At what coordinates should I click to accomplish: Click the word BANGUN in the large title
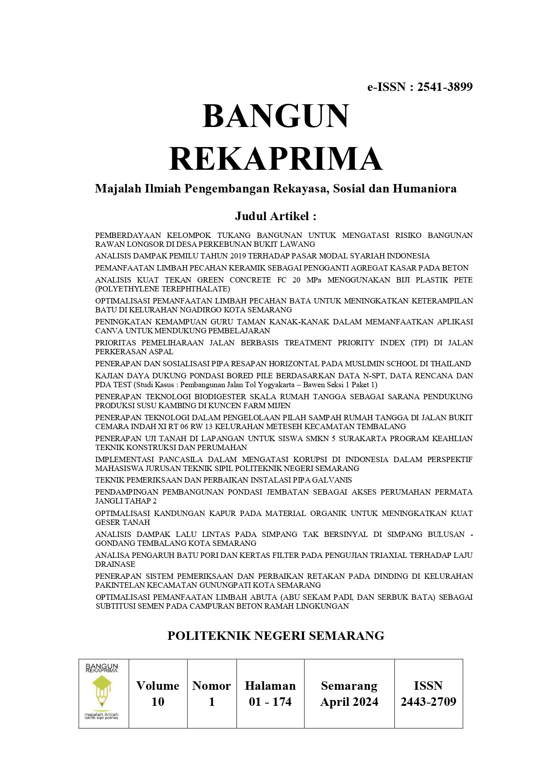click(276, 116)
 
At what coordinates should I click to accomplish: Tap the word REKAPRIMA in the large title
click(276, 159)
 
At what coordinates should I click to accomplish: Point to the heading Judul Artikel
click(276, 216)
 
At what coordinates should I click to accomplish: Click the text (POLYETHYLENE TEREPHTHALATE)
click(162, 289)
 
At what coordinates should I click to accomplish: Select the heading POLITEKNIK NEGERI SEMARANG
click(276, 636)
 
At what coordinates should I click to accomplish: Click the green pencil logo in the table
click(102, 691)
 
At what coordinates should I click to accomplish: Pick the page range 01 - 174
click(270, 702)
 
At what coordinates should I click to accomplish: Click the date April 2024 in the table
click(349, 702)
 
